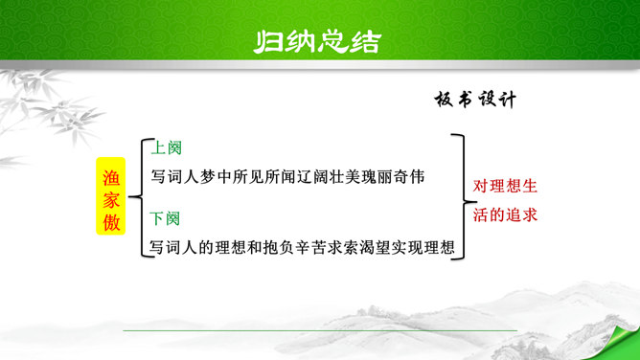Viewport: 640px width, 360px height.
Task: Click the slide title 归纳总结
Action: pyautogui.click(x=317, y=42)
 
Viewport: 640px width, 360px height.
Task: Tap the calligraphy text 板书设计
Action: pyautogui.click(x=475, y=99)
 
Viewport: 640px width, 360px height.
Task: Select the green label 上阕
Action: pyautogui.click(x=166, y=147)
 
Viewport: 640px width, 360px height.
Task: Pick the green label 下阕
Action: pyautogui.click(x=165, y=218)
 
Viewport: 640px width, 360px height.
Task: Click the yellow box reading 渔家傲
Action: pyautogui.click(x=110, y=195)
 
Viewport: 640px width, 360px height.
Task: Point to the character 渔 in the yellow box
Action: pyautogui.click(x=110, y=177)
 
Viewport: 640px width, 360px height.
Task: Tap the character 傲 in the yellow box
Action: pyautogui.click(x=110, y=222)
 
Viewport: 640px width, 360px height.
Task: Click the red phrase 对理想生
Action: pyautogui.click(x=505, y=187)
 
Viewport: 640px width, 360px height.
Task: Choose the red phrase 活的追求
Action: pyautogui.click(x=505, y=214)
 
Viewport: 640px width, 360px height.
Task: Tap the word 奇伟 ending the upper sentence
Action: pyautogui.click(x=409, y=177)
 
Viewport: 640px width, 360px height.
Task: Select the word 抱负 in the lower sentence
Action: pyautogui.click(x=279, y=247)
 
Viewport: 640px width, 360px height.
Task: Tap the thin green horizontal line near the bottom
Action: pyautogui.click(x=320, y=330)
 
